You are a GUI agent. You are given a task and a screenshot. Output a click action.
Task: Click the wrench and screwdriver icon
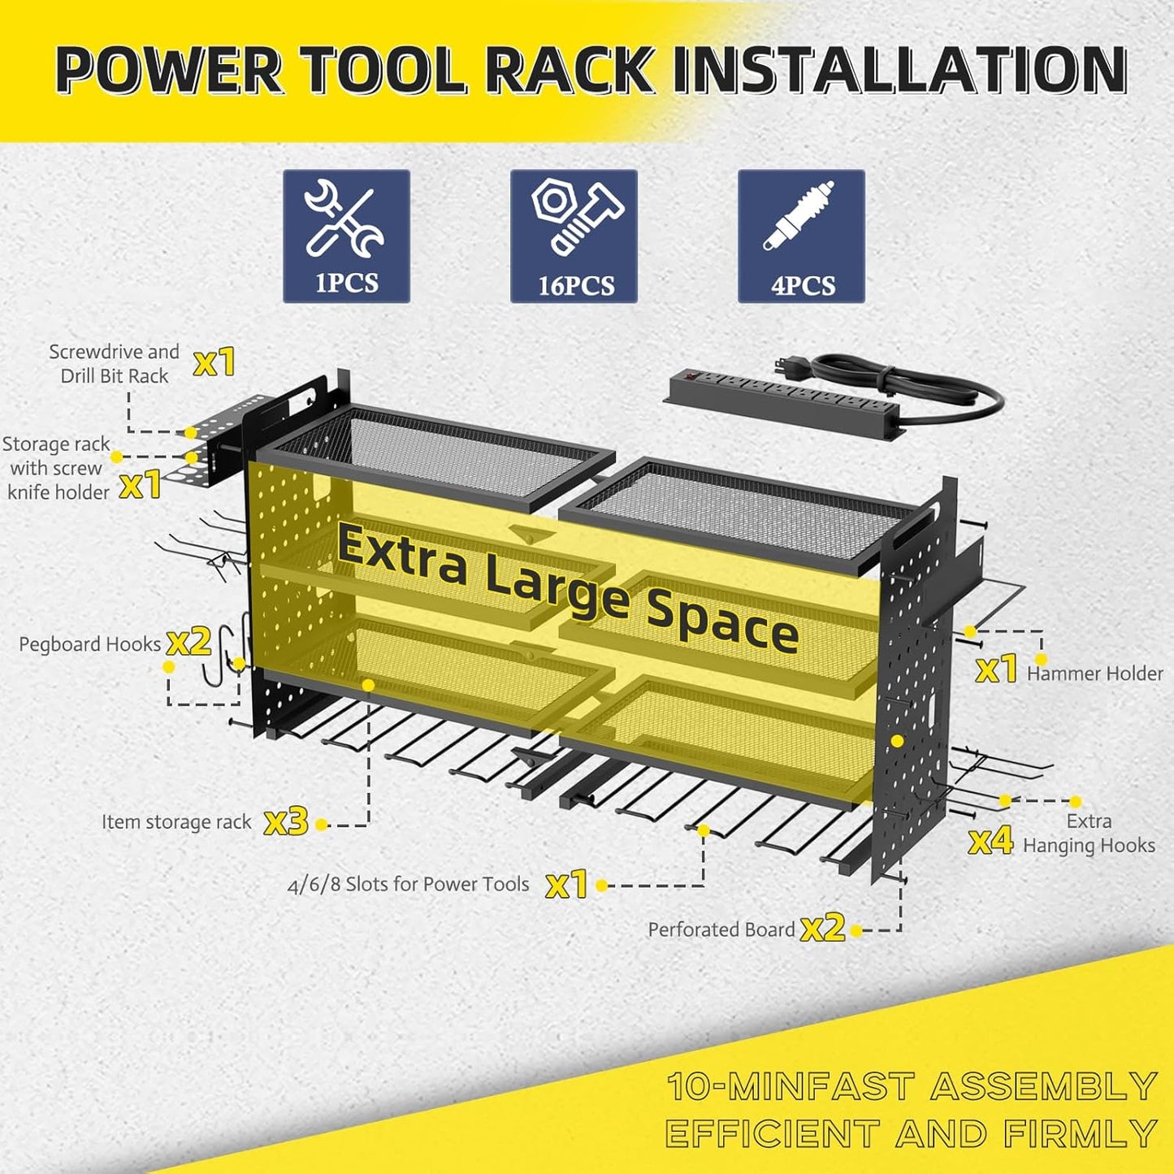tap(344, 218)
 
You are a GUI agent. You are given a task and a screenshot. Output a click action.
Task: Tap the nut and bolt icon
tap(575, 215)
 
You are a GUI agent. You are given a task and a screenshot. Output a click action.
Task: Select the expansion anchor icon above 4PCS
tap(799, 215)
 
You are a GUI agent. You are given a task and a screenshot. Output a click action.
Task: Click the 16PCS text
tap(576, 286)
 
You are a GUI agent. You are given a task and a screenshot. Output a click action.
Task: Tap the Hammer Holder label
tap(1094, 674)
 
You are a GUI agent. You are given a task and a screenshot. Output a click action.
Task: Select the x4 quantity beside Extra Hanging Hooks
tap(990, 841)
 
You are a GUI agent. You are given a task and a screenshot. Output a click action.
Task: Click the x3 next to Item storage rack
tap(286, 822)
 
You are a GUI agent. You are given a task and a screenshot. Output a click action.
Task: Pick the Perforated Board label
tap(721, 929)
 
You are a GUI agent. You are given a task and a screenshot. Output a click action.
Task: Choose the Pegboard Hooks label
tap(89, 644)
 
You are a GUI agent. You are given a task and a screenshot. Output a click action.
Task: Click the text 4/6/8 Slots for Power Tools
tap(408, 885)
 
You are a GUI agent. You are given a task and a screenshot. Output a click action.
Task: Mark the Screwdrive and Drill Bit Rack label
tap(114, 364)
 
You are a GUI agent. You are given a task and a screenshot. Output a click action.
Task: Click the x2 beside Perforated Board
tap(822, 928)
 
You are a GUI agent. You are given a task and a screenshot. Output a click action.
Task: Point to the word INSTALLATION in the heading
tap(900, 71)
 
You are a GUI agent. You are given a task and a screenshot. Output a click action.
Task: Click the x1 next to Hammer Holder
tap(996, 669)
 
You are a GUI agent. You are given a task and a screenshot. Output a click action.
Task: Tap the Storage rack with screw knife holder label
tap(57, 468)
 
